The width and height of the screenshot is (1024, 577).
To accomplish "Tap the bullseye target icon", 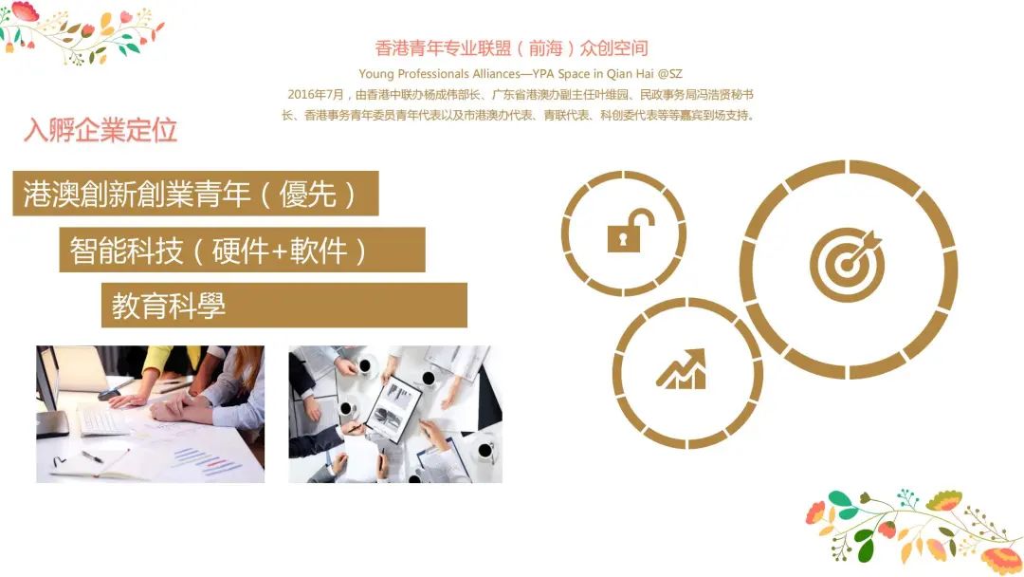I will click(x=847, y=264).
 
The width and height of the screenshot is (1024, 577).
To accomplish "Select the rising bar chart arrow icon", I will click(x=682, y=369).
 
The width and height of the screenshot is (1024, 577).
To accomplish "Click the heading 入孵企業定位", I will click(x=101, y=130).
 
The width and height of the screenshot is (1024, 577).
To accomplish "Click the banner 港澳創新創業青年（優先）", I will click(x=195, y=194).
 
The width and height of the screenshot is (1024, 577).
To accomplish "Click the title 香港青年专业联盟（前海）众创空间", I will click(x=511, y=48).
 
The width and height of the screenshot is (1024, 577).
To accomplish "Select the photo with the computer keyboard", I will click(x=150, y=414).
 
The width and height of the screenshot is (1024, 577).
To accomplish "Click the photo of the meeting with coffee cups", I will click(x=395, y=414).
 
